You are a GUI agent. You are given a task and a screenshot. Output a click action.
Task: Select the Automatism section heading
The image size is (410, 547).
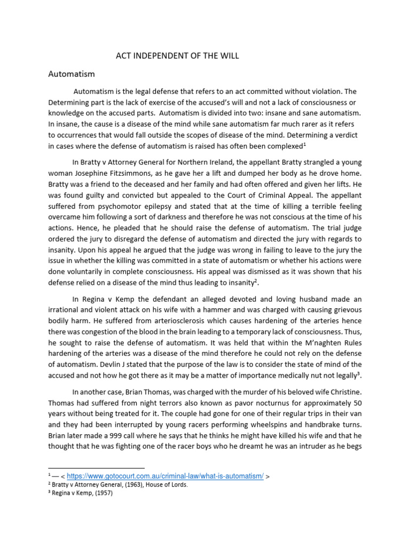(72, 74)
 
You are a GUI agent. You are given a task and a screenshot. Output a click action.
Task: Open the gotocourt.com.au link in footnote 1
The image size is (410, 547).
(165, 476)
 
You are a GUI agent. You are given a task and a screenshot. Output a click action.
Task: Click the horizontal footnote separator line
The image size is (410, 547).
(96, 468)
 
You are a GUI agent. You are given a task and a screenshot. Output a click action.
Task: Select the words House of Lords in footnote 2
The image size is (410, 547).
(170, 485)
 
